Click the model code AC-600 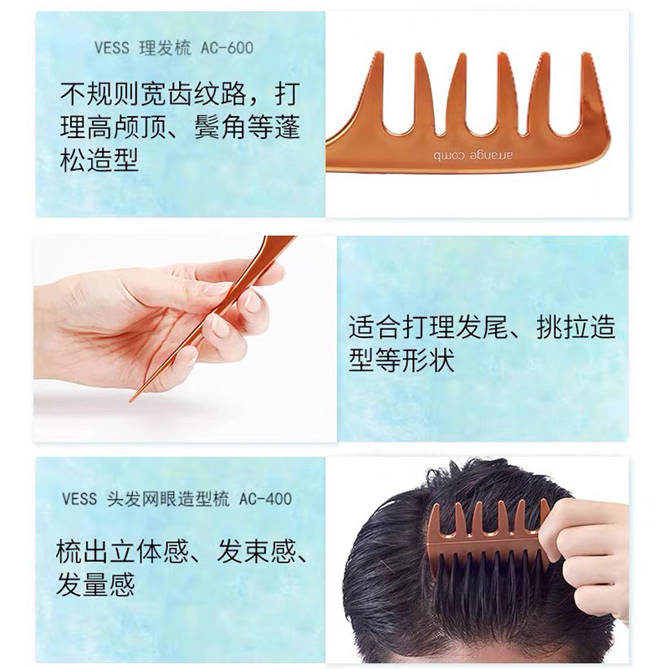(x=227, y=48)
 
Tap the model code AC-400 (x=265, y=498)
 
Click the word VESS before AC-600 (x=112, y=48)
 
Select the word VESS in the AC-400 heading (x=79, y=498)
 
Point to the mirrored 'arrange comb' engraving (x=473, y=155)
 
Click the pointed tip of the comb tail (x=131, y=401)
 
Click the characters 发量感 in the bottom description (x=95, y=584)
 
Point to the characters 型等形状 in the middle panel (x=401, y=360)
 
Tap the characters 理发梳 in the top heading (x=165, y=48)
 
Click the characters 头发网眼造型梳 (x=168, y=498)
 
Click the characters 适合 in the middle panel (x=375, y=327)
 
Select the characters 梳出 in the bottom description (x=82, y=551)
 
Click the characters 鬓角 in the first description (x=220, y=127)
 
